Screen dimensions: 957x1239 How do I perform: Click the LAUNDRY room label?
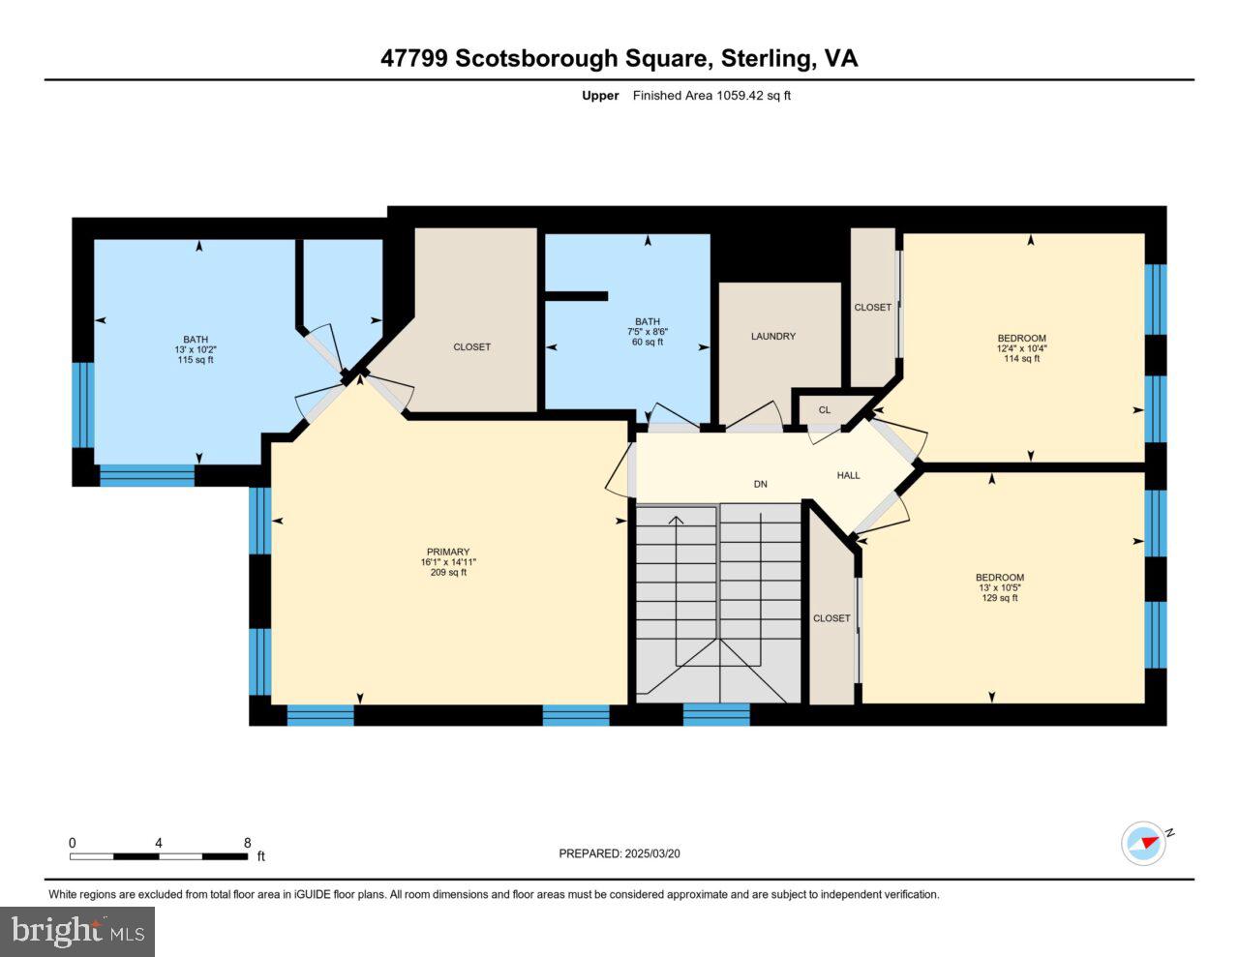772,337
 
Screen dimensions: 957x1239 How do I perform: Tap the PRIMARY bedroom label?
444,552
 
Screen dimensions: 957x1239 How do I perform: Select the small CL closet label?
824,410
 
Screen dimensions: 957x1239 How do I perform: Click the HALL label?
848,475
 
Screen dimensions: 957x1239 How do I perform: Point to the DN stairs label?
761,484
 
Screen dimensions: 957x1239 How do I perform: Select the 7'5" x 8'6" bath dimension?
647,332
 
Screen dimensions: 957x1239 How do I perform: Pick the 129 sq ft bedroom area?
999,598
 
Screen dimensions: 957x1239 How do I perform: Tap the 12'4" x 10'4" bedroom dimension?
1021,348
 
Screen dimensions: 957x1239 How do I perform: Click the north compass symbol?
1144,843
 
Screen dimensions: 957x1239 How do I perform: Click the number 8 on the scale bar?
248,843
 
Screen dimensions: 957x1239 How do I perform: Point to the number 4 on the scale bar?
158,843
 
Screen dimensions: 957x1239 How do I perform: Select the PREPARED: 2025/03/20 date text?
619,853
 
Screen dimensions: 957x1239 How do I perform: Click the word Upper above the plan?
600,96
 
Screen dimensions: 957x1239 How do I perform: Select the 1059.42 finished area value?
740,96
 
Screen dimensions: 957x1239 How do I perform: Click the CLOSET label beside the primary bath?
472,346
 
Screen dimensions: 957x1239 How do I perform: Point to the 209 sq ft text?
448,572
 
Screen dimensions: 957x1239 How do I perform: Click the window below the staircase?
716,715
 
